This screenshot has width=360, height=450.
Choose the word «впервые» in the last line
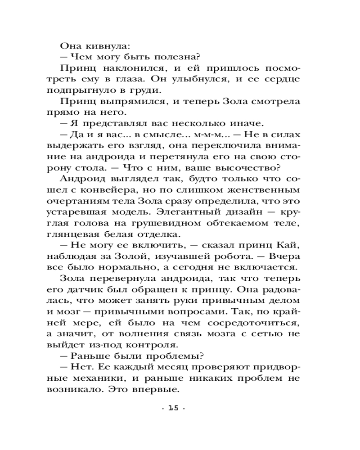click(x=160, y=390)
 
